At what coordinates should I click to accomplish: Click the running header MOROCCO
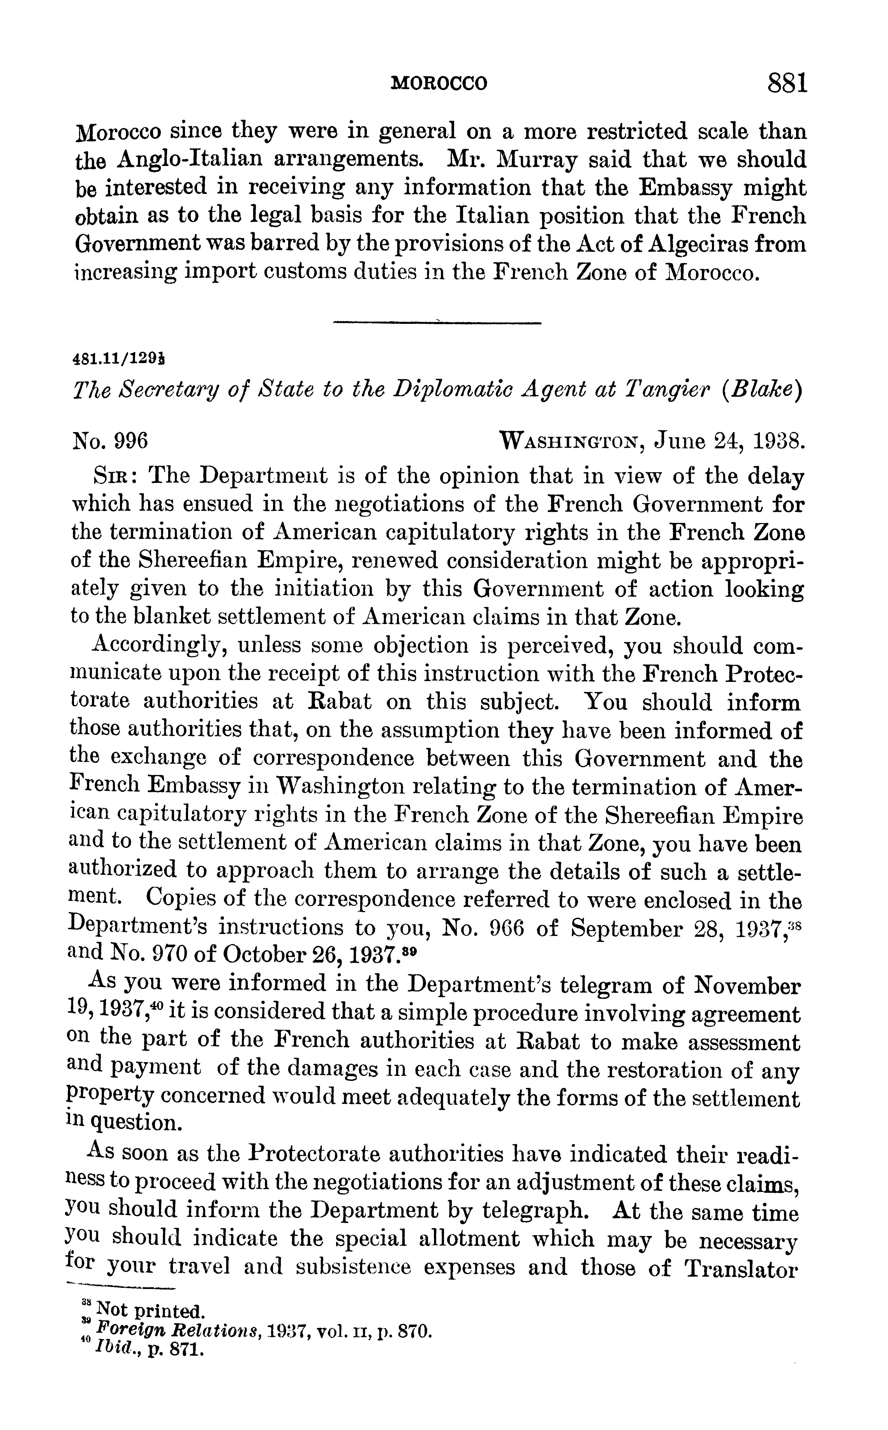pos(439,84)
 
